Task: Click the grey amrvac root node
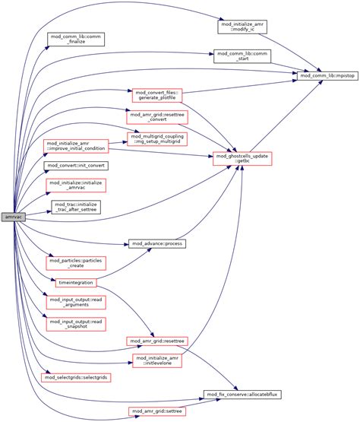[x=13, y=217]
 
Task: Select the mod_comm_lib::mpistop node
[x=327, y=77]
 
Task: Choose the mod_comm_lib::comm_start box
[x=235, y=58]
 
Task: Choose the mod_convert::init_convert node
[x=76, y=165]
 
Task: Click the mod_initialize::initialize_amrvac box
[x=76, y=186]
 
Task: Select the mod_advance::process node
[x=158, y=244]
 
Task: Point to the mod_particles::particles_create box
[x=76, y=265]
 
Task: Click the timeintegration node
[x=76, y=283]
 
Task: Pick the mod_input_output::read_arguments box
[x=76, y=303]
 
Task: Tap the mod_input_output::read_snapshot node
[x=76, y=324]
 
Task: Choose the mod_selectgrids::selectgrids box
[x=76, y=378]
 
